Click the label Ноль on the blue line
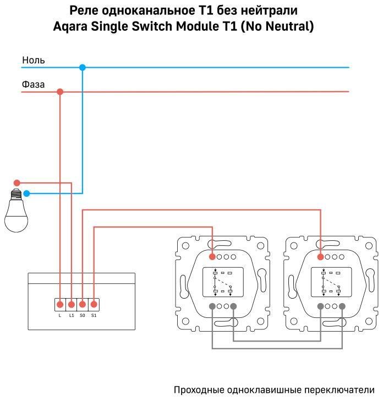tap(34, 60)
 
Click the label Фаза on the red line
tap(34, 85)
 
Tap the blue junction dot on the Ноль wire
tap(83, 67)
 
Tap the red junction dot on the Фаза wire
tap(60, 91)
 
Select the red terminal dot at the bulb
tap(17, 183)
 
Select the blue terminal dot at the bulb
tap(26, 193)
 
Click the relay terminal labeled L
tap(60, 304)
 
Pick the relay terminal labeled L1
tap(72, 304)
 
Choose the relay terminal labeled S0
tap(83, 304)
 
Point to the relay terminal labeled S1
tap(94, 304)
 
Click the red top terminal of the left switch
tap(212, 257)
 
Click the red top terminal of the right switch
tap(320, 257)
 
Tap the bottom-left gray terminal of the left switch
tap(212, 306)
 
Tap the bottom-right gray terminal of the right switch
tap(342, 306)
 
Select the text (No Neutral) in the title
tap(278, 26)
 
